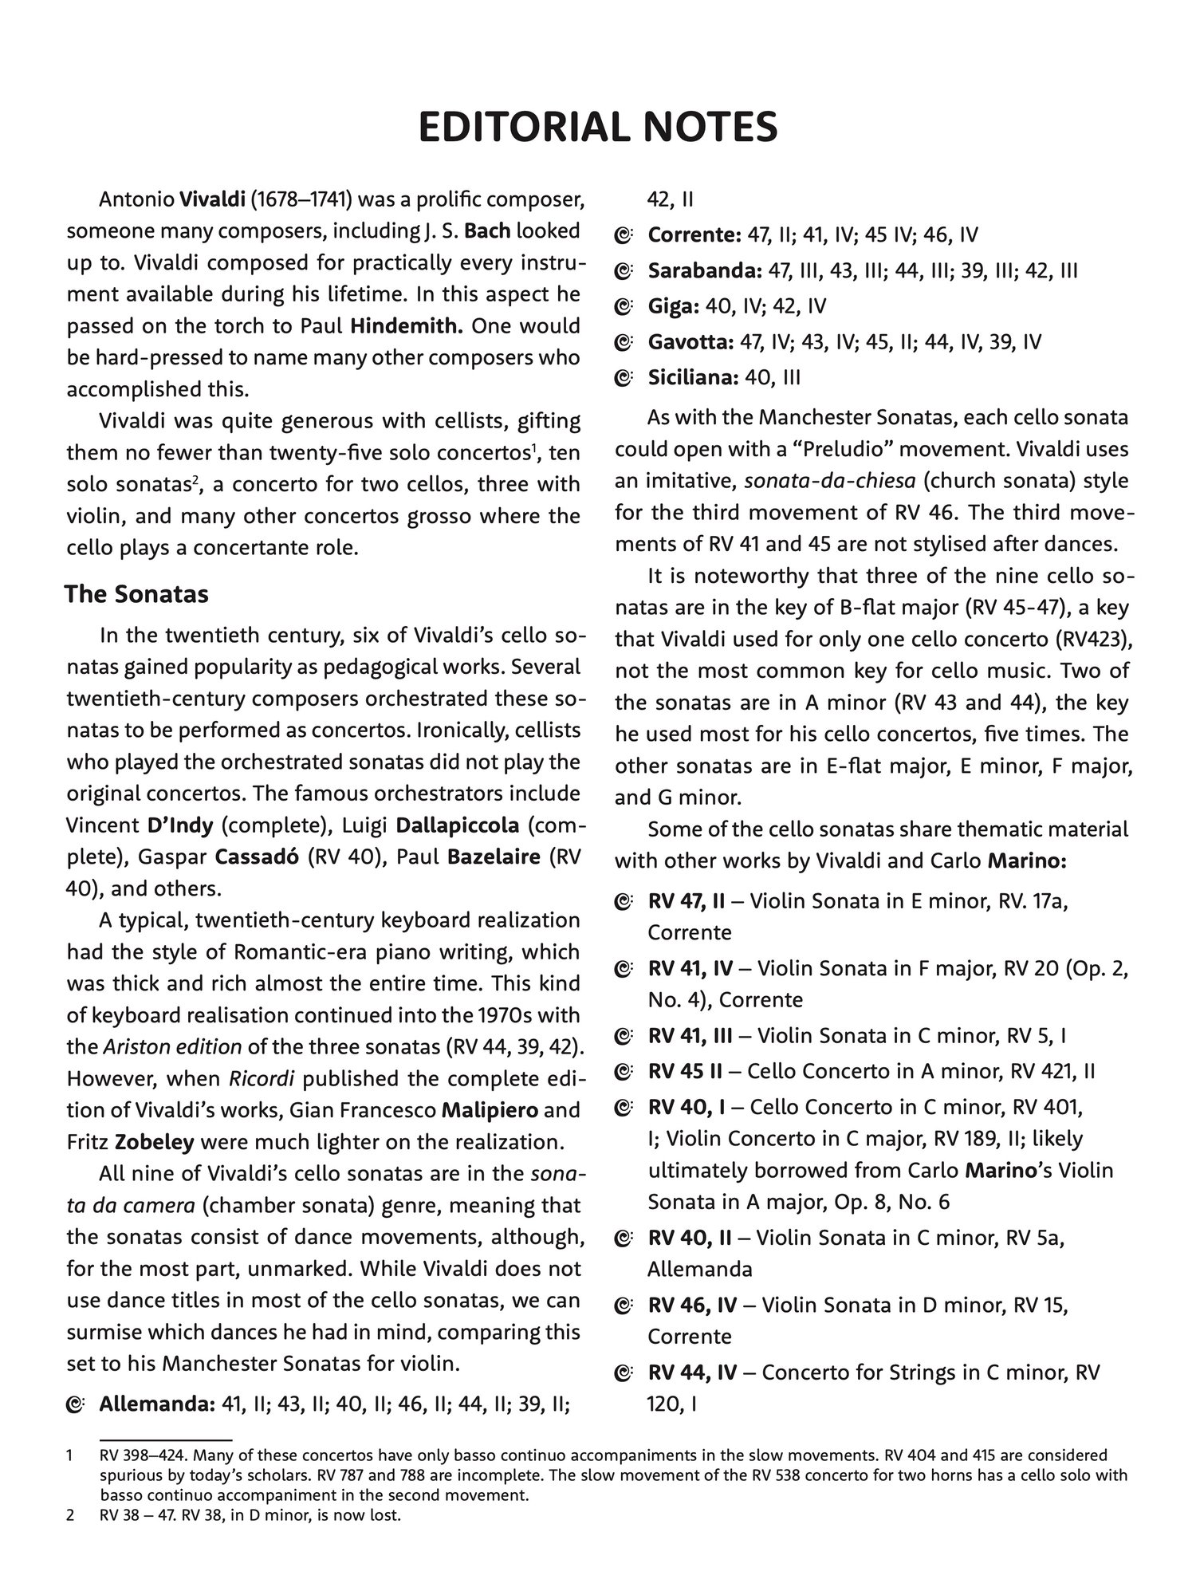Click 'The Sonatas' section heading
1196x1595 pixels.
[136, 593]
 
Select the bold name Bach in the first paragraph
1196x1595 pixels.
[487, 231]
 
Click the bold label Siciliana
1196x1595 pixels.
[693, 377]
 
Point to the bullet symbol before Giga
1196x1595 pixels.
[624, 307]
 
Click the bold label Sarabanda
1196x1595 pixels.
[704, 270]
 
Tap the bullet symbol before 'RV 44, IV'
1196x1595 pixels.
[624, 1373]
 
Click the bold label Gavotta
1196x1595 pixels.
[690, 342]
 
